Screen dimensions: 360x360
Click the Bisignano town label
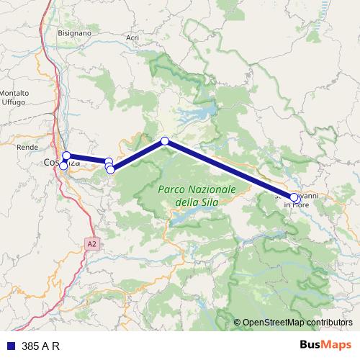click(76, 33)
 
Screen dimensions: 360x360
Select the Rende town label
click(27, 147)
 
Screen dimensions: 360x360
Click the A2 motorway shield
click(91, 244)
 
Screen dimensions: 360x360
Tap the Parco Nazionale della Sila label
click(197, 195)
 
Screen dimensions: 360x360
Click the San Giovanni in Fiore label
click(296, 199)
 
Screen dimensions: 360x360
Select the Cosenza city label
click(61, 163)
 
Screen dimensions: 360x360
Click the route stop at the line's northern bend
click(165, 141)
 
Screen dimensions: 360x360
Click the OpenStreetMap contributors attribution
click(297, 323)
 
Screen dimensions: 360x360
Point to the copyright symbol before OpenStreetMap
click(238, 323)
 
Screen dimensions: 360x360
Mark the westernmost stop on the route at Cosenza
click(63, 166)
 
